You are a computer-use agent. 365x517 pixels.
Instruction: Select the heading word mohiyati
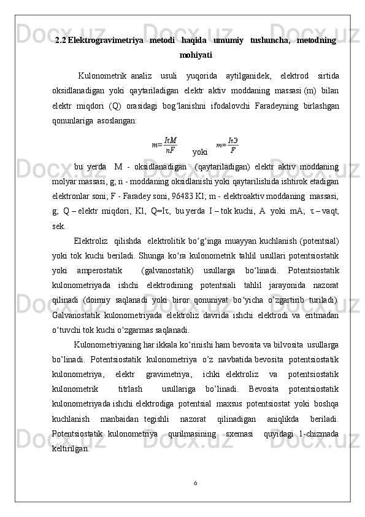click(x=196, y=55)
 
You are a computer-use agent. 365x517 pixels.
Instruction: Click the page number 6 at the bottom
click(x=195, y=483)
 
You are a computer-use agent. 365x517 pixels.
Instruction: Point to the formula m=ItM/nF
click(x=164, y=145)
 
